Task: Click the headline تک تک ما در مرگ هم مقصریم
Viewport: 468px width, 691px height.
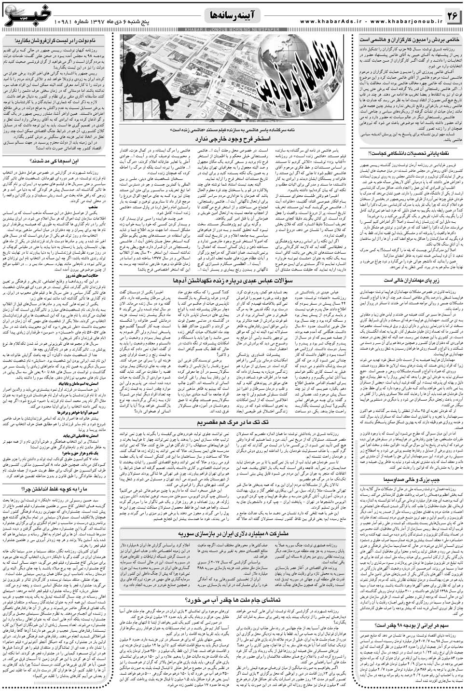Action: coord(234,423)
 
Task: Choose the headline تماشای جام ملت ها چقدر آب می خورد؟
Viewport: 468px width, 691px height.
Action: coord(234,600)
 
